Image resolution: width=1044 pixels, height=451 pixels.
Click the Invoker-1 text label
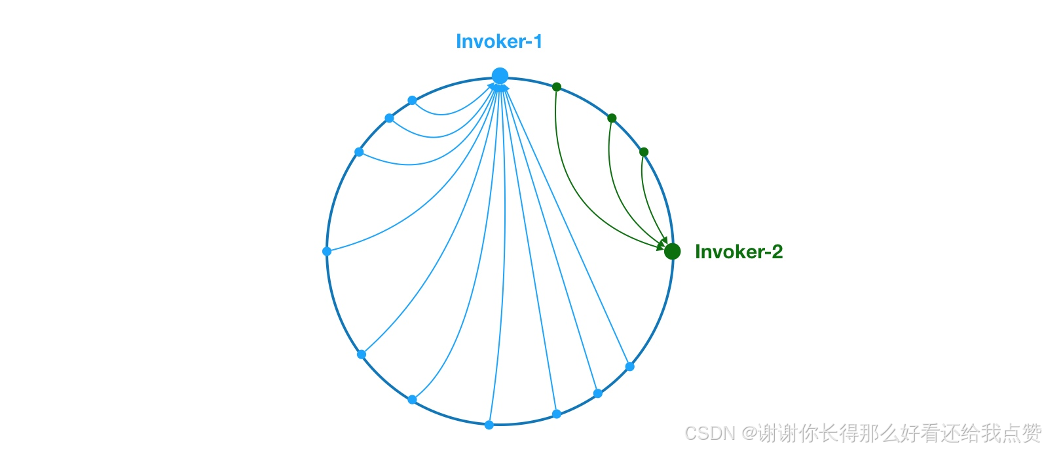[x=499, y=42]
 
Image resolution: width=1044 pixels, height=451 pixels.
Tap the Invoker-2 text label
[x=738, y=252]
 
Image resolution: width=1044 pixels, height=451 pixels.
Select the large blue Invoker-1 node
[x=500, y=75]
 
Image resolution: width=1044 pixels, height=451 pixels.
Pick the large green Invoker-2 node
[x=672, y=251]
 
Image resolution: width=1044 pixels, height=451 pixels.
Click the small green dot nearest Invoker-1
[x=557, y=87]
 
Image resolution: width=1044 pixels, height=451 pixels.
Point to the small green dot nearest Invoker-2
[x=644, y=152]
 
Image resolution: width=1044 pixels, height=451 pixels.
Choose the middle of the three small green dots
[x=612, y=118]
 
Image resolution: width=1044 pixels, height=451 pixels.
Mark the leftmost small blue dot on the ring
[x=327, y=251]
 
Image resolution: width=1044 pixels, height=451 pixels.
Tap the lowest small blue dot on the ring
[x=489, y=425]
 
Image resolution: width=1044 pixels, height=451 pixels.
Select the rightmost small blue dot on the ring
[x=629, y=366]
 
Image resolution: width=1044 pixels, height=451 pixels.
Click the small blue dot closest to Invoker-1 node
[x=412, y=100]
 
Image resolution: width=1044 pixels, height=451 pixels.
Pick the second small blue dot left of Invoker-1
[x=389, y=118]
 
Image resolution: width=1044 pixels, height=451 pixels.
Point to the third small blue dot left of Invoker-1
[x=359, y=152]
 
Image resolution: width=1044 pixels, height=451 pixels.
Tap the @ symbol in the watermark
[x=749, y=433]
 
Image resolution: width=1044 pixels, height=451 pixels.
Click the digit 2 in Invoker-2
[x=776, y=252]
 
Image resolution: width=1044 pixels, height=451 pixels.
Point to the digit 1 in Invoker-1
[x=537, y=42]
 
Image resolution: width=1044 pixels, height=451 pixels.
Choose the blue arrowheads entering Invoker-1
[x=499, y=86]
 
